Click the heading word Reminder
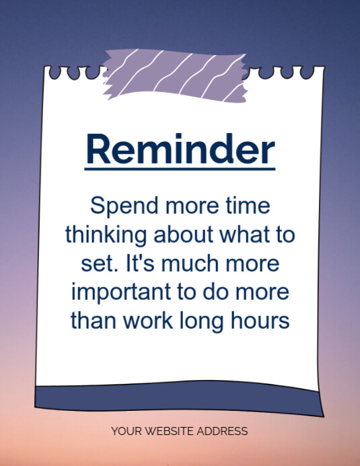click(180, 149)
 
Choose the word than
click(93, 321)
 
